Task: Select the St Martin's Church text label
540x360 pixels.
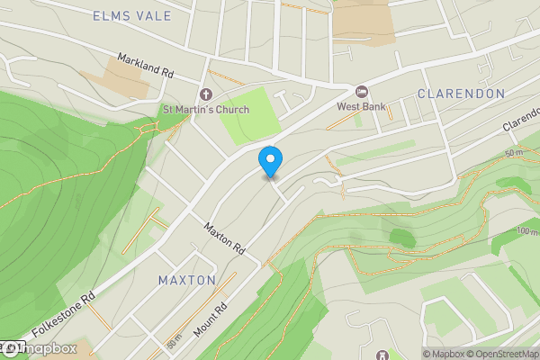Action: pos(205,111)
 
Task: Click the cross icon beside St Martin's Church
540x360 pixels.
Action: pos(205,94)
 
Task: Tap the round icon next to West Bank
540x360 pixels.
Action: pos(363,91)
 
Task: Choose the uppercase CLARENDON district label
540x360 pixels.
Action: pos(460,94)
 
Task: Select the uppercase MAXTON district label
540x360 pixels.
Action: pos(187,280)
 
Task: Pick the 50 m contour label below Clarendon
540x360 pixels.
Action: pos(514,153)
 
